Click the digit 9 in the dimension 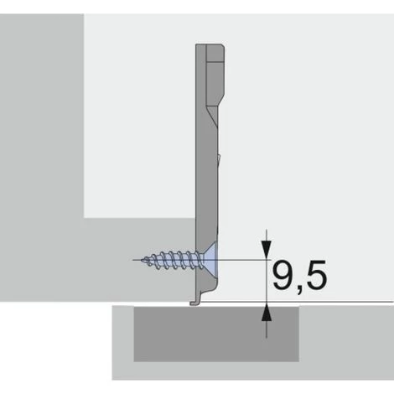tap(283, 275)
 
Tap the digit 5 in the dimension tap(317, 275)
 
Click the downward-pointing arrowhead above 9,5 tap(267, 250)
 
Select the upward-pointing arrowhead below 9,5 tap(267, 313)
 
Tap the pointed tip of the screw tap(142, 260)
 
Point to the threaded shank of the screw tap(174, 261)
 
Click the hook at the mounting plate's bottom tap(195, 301)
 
